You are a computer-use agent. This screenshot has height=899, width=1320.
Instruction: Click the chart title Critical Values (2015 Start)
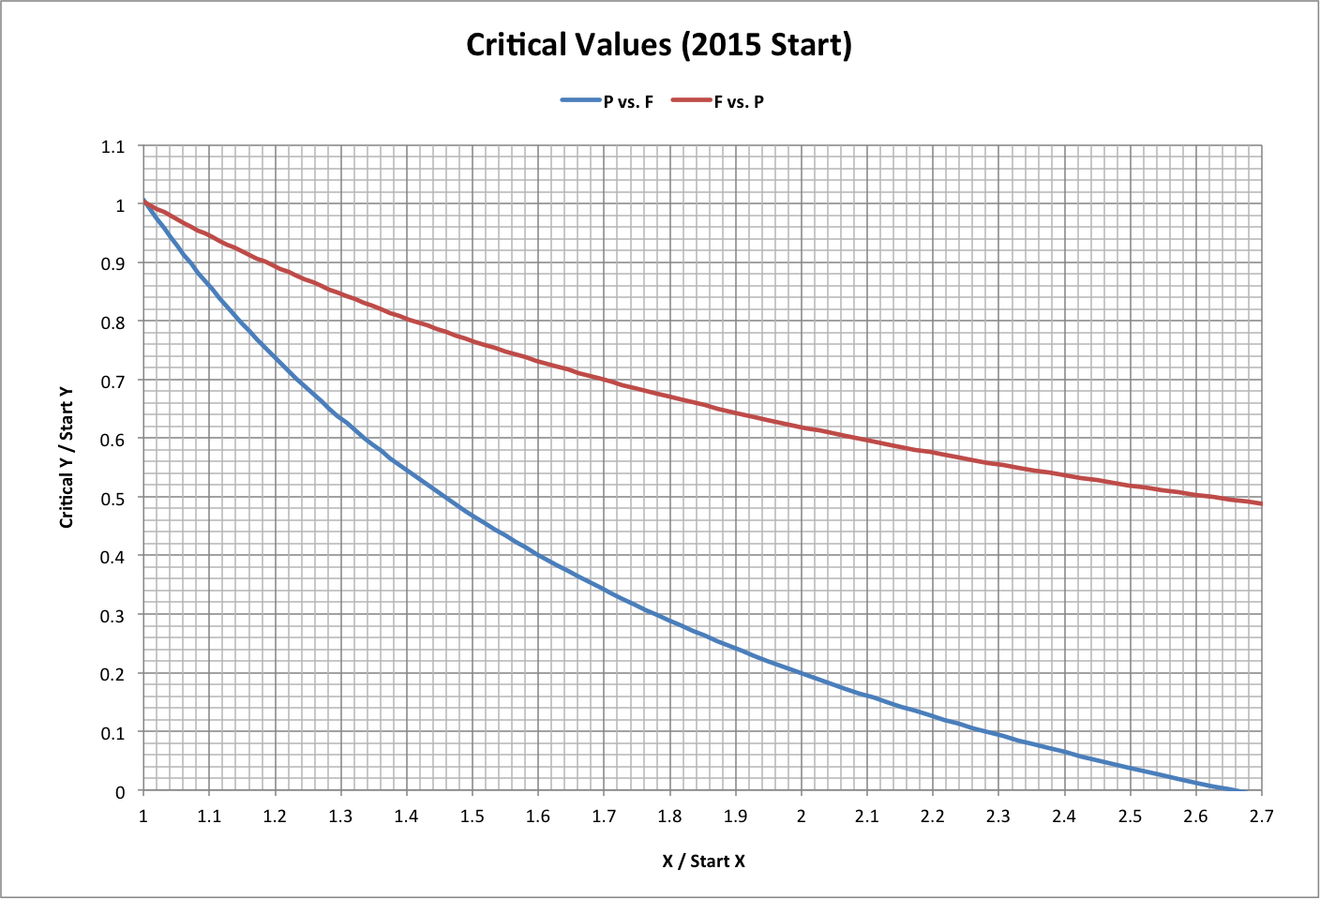(659, 45)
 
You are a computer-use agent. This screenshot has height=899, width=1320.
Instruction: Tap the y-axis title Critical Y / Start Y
(67, 459)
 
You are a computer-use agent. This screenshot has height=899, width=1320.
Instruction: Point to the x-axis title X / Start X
(703, 861)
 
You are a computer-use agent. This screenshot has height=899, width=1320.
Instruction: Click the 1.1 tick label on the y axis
(113, 146)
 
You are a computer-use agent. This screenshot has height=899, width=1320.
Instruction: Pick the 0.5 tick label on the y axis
(113, 498)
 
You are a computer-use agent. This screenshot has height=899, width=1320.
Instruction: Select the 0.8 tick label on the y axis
(113, 322)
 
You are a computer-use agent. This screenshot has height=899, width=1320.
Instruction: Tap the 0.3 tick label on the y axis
(113, 615)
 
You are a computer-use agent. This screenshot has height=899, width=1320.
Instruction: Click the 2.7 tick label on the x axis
(1261, 816)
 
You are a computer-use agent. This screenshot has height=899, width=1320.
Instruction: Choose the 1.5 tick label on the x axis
(472, 816)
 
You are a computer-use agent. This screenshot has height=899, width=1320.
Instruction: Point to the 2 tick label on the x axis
(801, 816)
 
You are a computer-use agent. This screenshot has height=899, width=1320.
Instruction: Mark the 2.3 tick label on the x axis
(997, 816)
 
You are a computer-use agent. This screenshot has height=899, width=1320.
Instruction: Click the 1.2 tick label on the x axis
(275, 816)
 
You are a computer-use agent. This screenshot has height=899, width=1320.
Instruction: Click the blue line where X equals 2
(801, 673)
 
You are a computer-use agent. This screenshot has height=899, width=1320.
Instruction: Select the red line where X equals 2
(801, 427)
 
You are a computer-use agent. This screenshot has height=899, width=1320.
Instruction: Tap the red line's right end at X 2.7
(1261, 503)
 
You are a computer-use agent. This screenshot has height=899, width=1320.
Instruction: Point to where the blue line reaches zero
(1239, 790)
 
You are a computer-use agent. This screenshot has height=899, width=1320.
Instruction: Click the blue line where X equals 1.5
(472, 515)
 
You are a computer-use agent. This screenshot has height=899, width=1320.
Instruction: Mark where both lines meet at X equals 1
(143, 202)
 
